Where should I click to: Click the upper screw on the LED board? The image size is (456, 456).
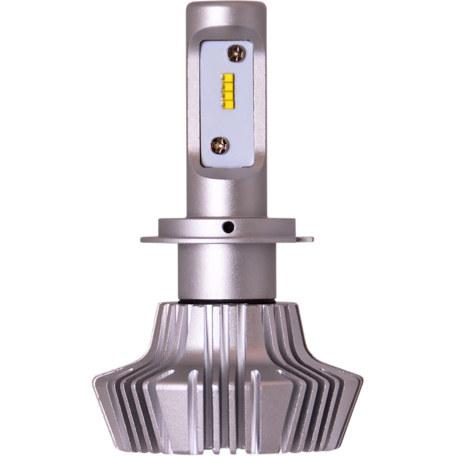[x=235, y=54]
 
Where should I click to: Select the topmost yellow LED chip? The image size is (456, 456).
[x=228, y=78]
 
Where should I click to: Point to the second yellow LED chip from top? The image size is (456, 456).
[x=228, y=87]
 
